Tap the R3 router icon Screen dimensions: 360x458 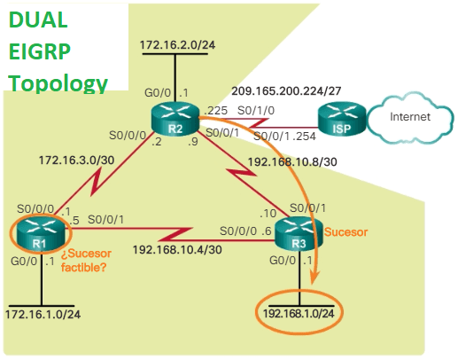298,235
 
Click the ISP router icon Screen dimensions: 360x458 340,119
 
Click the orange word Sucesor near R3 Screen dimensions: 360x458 345,231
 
